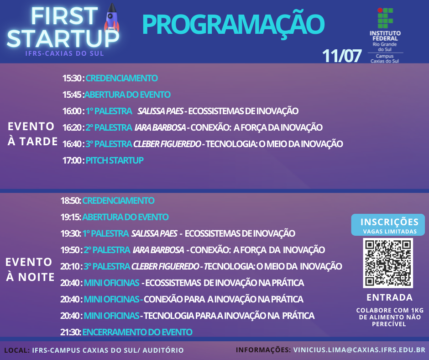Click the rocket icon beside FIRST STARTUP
pos(112,17)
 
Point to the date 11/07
pos(342,56)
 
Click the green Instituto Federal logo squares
pos(385,18)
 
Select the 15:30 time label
pos(72,78)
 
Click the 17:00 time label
pos(72,160)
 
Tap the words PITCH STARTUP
pos(115,160)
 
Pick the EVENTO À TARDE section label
pos(32,134)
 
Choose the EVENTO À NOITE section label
pos(30,270)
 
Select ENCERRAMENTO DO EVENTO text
pos(137,332)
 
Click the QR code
pos(388,263)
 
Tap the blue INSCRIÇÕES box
pos(388,225)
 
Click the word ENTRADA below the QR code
pos(390,297)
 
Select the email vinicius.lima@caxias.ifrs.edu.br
pos(359,350)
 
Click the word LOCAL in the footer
pos(16,350)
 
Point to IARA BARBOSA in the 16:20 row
pos(160,127)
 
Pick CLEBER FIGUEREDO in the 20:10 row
pos(165,266)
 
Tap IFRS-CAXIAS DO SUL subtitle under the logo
pos(64,53)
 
